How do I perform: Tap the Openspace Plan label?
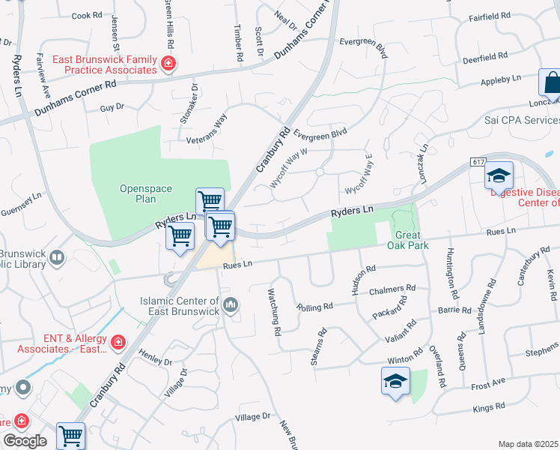coord(138,193)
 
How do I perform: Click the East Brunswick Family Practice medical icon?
coord(169,63)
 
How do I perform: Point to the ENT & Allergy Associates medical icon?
coord(118,343)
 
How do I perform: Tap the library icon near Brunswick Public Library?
coord(57,259)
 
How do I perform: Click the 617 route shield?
coord(478,162)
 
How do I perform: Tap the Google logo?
coord(25,441)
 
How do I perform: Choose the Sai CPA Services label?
coord(521,120)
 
